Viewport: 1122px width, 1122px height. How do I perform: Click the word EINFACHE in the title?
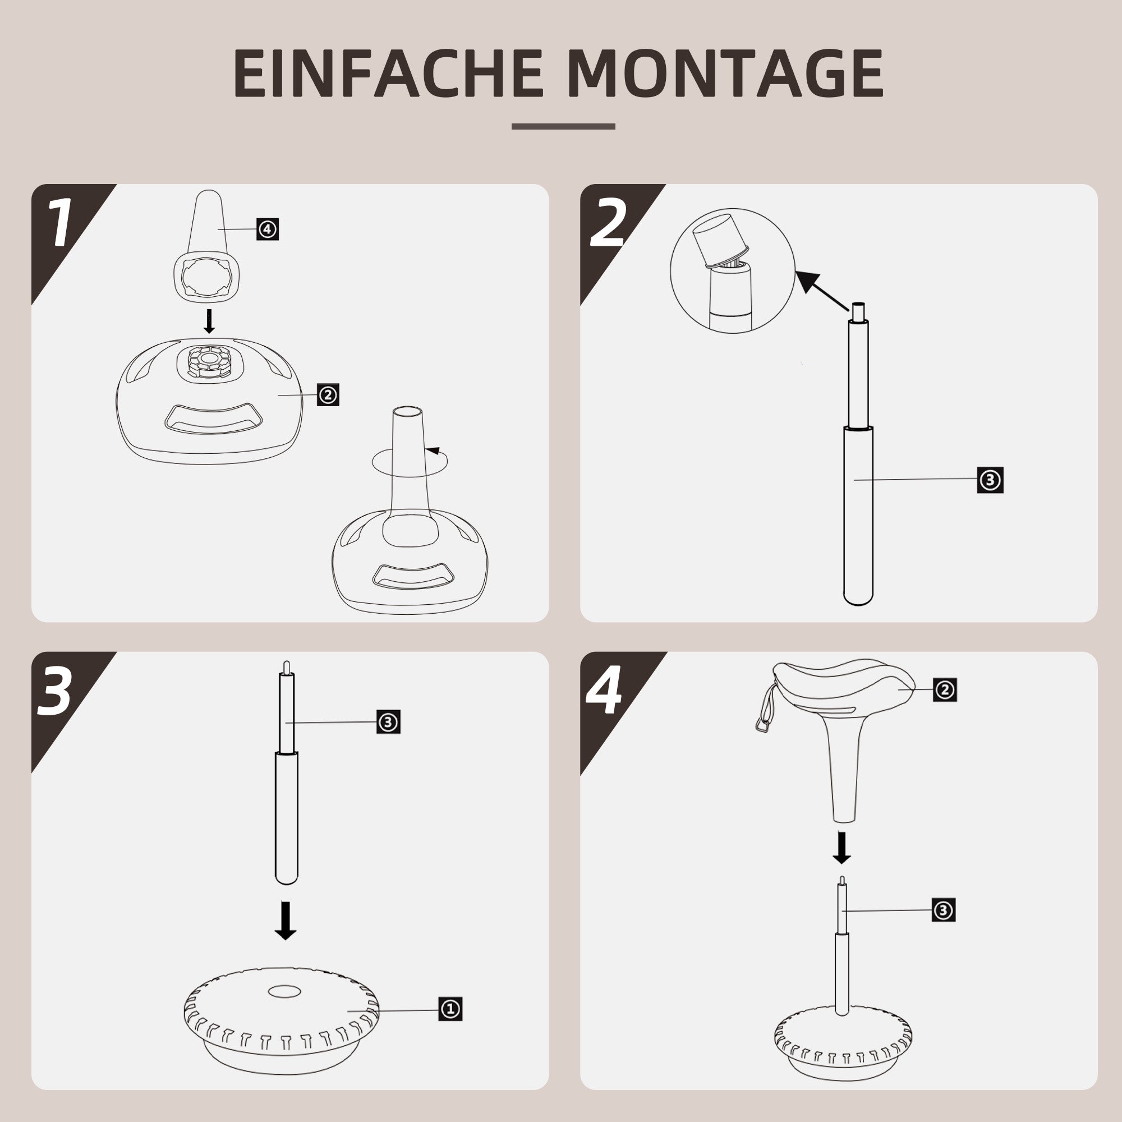[388, 73]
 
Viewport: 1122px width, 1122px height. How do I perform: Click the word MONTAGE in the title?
[725, 73]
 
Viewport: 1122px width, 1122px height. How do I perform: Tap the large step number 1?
[59, 224]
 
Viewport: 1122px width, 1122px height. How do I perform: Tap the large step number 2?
[608, 224]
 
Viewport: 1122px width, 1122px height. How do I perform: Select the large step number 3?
[56, 691]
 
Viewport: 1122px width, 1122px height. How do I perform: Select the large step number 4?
[604, 691]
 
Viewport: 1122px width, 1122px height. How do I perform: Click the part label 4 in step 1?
[267, 229]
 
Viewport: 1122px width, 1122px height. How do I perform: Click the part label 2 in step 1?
[328, 395]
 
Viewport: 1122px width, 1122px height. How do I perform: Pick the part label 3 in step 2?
[990, 480]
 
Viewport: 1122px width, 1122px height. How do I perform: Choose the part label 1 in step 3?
[450, 1009]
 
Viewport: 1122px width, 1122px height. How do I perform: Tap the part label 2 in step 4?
[945, 689]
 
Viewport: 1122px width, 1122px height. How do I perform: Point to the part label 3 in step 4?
[943, 909]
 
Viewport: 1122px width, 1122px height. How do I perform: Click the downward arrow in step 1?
[209, 321]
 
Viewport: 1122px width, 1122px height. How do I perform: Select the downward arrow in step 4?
[842, 848]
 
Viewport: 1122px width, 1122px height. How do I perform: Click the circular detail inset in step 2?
[732, 270]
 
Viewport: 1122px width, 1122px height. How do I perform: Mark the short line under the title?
[563, 126]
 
